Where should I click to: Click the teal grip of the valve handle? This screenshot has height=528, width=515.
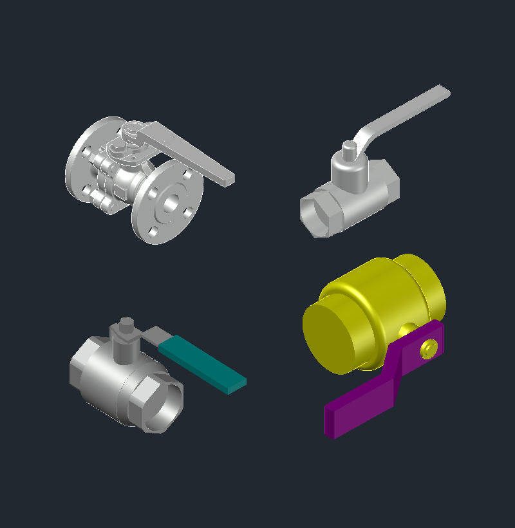(x=203, y=364)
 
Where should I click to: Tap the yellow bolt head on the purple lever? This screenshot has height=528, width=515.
(x=427, y=349)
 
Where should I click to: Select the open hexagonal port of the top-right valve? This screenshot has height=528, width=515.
(x=316, y=216)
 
